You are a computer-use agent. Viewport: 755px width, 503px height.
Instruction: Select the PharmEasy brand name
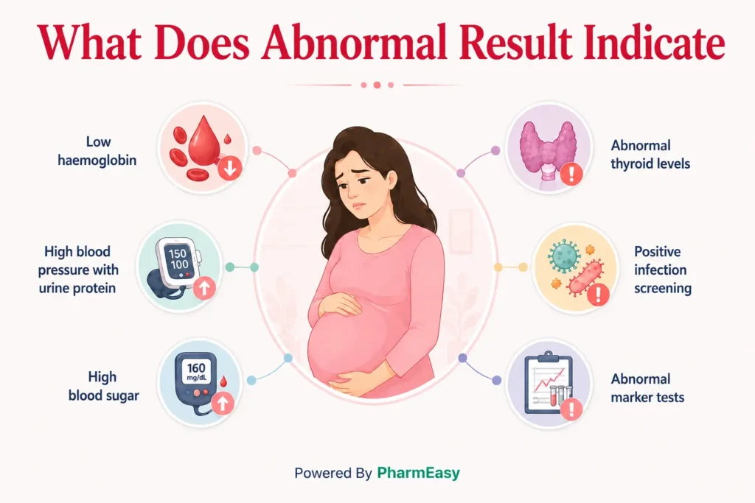click(x=419, y=474)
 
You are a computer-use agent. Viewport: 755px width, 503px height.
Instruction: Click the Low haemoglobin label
click(x=97, y=151)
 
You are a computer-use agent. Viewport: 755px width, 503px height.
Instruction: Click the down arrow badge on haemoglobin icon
click(x=230, y=168)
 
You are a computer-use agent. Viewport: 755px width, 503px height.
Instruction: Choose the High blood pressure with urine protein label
click(x=78, y=270)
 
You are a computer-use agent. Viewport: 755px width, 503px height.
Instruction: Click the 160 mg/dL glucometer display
click(x=196, y=372)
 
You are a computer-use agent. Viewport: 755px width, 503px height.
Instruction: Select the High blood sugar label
click(x=103, y=386)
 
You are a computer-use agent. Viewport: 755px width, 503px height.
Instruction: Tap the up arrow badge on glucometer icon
click(x=223, y=403)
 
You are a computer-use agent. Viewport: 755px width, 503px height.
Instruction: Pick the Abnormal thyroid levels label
click(x=650, y=155)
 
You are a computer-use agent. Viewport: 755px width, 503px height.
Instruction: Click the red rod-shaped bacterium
click(x=585, y=277)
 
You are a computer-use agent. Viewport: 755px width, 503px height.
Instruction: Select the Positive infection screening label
click(x=663, y=270)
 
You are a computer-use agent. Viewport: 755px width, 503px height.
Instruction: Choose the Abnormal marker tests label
click(x=647, y=388)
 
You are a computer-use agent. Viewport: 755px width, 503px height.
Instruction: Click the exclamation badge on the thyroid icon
click(x=571, y=173)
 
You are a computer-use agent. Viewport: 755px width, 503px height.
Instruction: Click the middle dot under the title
click(x=377, y=85)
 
